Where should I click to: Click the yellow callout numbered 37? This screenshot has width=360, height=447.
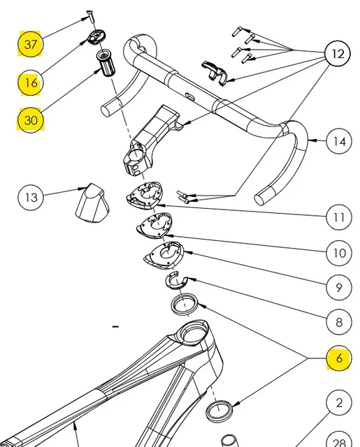(x=31, y=44)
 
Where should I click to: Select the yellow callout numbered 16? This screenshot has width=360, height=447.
(x=31, y=82)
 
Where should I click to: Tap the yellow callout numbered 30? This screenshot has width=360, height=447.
(x=31, y=119)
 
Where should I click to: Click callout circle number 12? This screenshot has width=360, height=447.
(x=338, y=53)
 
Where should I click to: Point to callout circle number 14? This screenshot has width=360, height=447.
(x=339, y=141)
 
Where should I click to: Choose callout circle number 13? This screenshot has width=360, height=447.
(x=31, y=197)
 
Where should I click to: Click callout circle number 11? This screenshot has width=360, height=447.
(x=339, y=217)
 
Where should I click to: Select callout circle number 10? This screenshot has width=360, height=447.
(x=339, y=253)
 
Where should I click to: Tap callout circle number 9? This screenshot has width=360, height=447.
(x=339, y=287)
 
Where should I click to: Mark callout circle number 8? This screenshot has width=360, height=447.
(x=339, y=322)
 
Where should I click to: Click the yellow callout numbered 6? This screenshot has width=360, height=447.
(x=339, y=358)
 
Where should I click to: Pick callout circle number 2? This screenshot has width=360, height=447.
(x=339, y=402)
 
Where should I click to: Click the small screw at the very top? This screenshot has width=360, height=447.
(x=90, y=17)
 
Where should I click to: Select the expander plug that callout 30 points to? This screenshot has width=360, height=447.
(x=106, y=63)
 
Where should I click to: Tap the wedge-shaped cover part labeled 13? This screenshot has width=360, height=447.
(x=92, y=203)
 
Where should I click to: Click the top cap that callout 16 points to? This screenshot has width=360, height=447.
(x=96, y=37)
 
